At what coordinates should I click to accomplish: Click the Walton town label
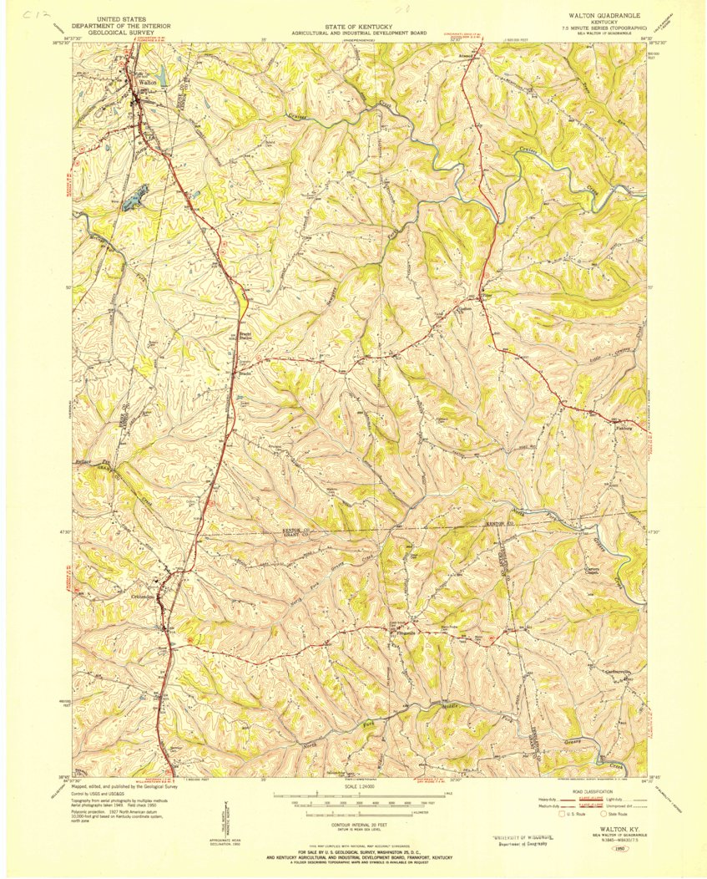tap(149, 83)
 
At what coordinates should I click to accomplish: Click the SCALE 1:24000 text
tap(361, 786)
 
